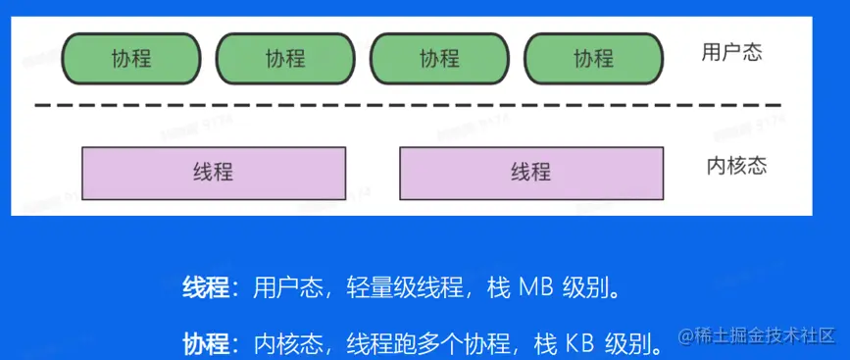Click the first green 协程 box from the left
point(131,59)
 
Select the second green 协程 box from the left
point(285,59)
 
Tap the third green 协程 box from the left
point(439,59)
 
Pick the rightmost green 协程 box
point(593,59)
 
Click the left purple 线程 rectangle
point(214,173)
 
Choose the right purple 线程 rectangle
point(530,173)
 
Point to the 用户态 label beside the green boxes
point(731,53)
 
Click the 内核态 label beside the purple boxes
point(735,165)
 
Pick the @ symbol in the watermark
point(685,336)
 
